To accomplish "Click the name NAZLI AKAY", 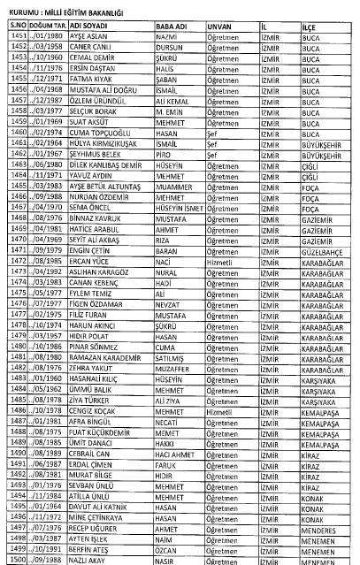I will click(87, 559).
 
